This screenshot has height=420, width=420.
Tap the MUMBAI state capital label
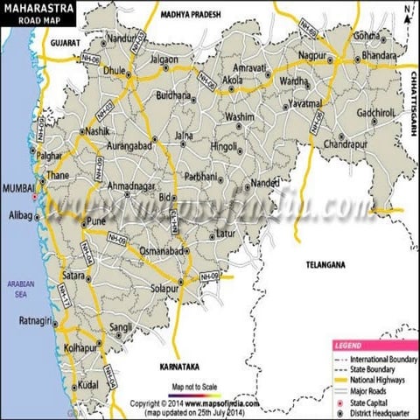point(17,188)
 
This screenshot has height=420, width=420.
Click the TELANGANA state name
point(325,263)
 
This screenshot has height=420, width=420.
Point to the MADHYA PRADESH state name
point(192,15)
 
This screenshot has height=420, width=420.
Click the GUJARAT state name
point(65,41)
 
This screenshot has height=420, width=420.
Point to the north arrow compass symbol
point(408,12)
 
